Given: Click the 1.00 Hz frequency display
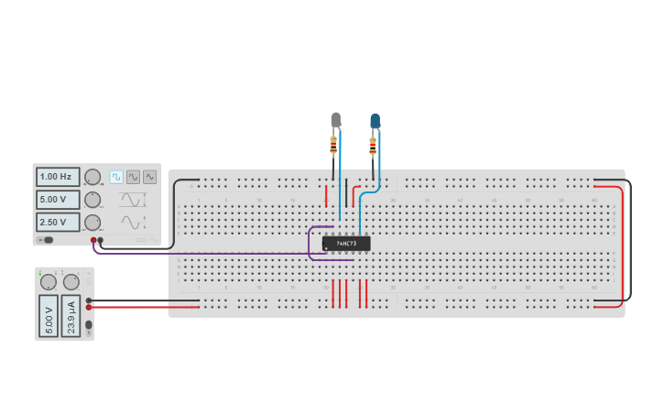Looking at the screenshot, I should tap(57, 177).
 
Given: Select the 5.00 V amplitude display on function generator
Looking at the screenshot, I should tap(57, 199).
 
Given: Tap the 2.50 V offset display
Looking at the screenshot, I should tap(57, 222).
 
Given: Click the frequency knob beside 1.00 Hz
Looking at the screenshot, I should tap(93, 177).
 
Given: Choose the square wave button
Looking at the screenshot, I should tap(116, 177).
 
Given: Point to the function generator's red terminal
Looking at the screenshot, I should tap(93, 240).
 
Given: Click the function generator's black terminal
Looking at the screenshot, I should tap(101, 240).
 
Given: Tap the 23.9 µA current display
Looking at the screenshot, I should tap(71, 316).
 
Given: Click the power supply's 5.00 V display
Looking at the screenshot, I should tap(49, 316).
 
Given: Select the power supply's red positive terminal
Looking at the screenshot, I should tap(89, 307).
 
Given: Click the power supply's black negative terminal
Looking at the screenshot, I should tap(89, 300).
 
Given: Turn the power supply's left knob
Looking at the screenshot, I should tap(49, 281).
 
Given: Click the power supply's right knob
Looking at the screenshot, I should tap(71, 281).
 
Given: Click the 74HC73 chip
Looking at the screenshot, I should tap(346, 244).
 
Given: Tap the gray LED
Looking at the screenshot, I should tap(335, 120).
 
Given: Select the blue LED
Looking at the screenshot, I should tap(375, 121).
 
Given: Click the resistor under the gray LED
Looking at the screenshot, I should tap(333, 143).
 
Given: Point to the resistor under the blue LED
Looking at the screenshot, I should tap(373, 144).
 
